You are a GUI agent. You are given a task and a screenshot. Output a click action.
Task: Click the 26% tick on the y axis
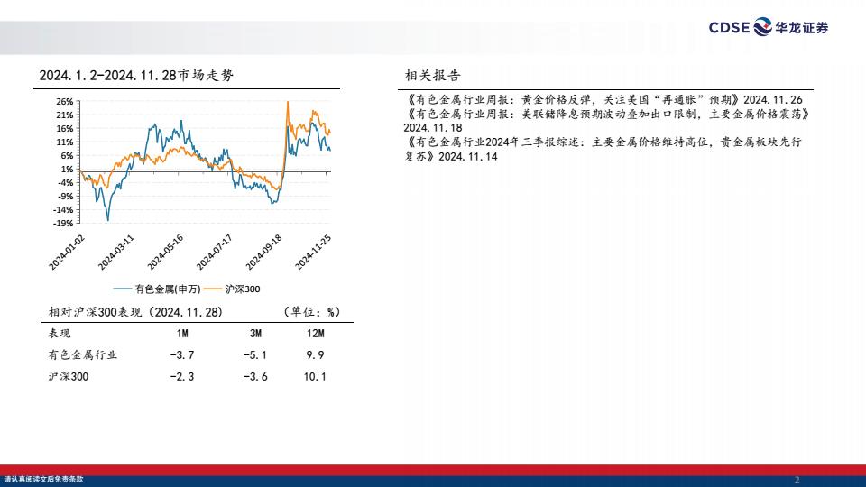(65, 102)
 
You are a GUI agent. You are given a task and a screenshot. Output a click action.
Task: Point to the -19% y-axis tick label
(63, 224)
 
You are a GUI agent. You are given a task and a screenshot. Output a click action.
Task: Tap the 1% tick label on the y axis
(67, 170)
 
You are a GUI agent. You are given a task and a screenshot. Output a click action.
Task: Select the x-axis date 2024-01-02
(67, 253)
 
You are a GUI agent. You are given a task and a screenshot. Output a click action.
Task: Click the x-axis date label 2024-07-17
(215, 253)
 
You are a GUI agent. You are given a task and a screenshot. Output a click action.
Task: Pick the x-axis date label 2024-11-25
(313, 253)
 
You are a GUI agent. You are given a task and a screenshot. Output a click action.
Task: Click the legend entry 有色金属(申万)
(157, 289)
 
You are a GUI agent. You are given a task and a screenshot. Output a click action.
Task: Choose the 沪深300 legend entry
(233, 289)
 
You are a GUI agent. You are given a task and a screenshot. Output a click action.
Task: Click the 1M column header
(182, 334)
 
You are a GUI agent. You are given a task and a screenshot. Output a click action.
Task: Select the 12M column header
(316, 334)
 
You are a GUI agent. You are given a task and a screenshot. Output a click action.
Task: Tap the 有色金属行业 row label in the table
(83, 354)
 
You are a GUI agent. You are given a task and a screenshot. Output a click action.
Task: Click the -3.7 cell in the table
(182, 355)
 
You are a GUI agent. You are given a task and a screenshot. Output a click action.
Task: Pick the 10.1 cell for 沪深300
(315, 377)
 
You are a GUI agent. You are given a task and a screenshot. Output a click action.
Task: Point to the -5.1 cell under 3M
(255, 355)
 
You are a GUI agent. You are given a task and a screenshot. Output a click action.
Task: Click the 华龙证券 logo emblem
(763, 26)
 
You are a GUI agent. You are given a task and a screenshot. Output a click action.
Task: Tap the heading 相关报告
(432, 75)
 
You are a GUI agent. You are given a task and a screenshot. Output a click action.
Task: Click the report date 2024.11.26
(773, 100)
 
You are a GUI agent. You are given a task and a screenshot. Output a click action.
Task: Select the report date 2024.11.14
(468, 157)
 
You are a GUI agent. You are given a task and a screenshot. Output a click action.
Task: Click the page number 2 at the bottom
(797, 480)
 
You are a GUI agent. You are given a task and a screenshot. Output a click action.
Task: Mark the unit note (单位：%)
(311, 312)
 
